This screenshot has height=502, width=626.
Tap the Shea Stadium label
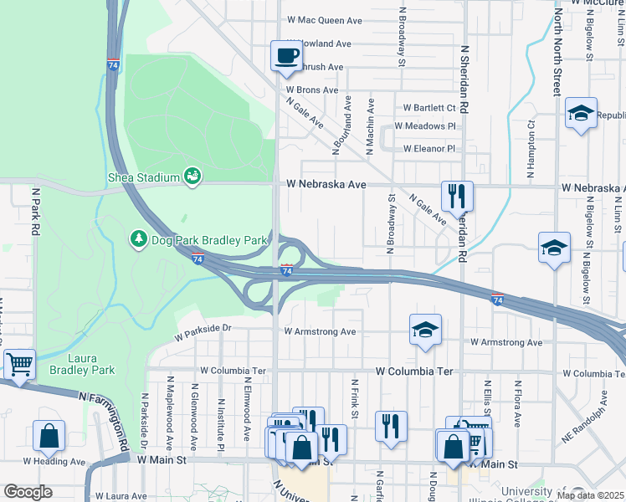pyautogui.click(x=144, y=177)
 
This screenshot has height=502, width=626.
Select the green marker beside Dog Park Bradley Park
pyautogui.click(x=138, y=240)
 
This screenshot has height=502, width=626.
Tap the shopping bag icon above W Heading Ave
pyautogui.click(x=49, y=436)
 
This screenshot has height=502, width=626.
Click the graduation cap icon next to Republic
pyautogui.click(x=580, y=114)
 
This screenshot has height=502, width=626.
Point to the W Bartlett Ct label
pyautogui.click(x=429, y=108)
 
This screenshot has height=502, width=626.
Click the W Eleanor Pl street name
pyautogui.click(x=429, y=149)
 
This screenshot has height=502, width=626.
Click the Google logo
pyautogui.click(x=28, y=492)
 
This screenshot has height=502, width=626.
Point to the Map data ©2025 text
pyautogui.click(x=591, y=495)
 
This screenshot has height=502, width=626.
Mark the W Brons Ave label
pyautogui.click(x=311, y=90)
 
